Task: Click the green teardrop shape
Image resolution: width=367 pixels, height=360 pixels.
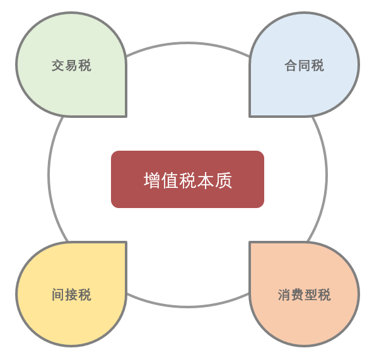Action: click(71, 64)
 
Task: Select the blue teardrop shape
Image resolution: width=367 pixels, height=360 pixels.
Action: click(304, 64)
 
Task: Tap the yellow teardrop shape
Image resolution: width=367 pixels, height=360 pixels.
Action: click(71, 294)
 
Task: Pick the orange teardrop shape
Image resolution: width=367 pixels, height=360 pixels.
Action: click(304, 294)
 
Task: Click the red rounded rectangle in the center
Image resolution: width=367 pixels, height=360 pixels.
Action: click(187, 179)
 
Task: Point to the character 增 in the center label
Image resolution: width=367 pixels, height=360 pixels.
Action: click(152, 180)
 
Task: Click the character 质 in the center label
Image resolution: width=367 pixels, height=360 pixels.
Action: click(223, 180)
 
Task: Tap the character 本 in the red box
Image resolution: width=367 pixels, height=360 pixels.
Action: click(206, 180)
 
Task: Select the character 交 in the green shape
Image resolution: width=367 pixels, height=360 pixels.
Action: click(58, 66)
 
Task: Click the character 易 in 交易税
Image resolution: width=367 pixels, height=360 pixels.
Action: click(71, 66)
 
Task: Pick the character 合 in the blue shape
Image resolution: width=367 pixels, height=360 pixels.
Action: click(291, 66)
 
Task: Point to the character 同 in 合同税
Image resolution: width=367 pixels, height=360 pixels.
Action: click(304, 66)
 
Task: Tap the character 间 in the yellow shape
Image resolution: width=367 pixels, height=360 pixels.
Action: click(58, 294)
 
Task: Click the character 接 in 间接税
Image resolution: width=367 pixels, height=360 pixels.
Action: click(71, 294)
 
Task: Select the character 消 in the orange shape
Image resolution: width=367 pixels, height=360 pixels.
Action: click(284, 294)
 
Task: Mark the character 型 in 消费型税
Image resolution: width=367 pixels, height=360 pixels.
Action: click(311, 294)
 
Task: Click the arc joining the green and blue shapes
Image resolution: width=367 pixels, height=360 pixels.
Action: click(187, 43)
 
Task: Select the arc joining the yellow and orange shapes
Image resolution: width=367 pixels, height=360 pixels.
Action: click(187, 306)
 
